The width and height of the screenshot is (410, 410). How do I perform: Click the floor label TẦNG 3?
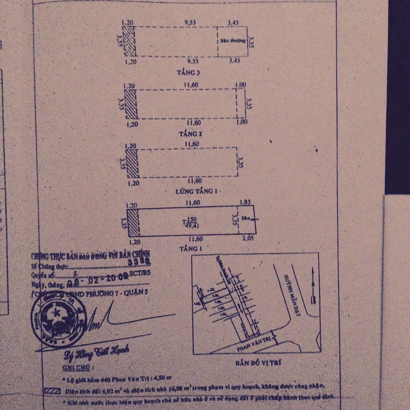(x=188, y=73)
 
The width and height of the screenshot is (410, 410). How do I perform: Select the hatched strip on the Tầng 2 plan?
(x=130, y=104)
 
